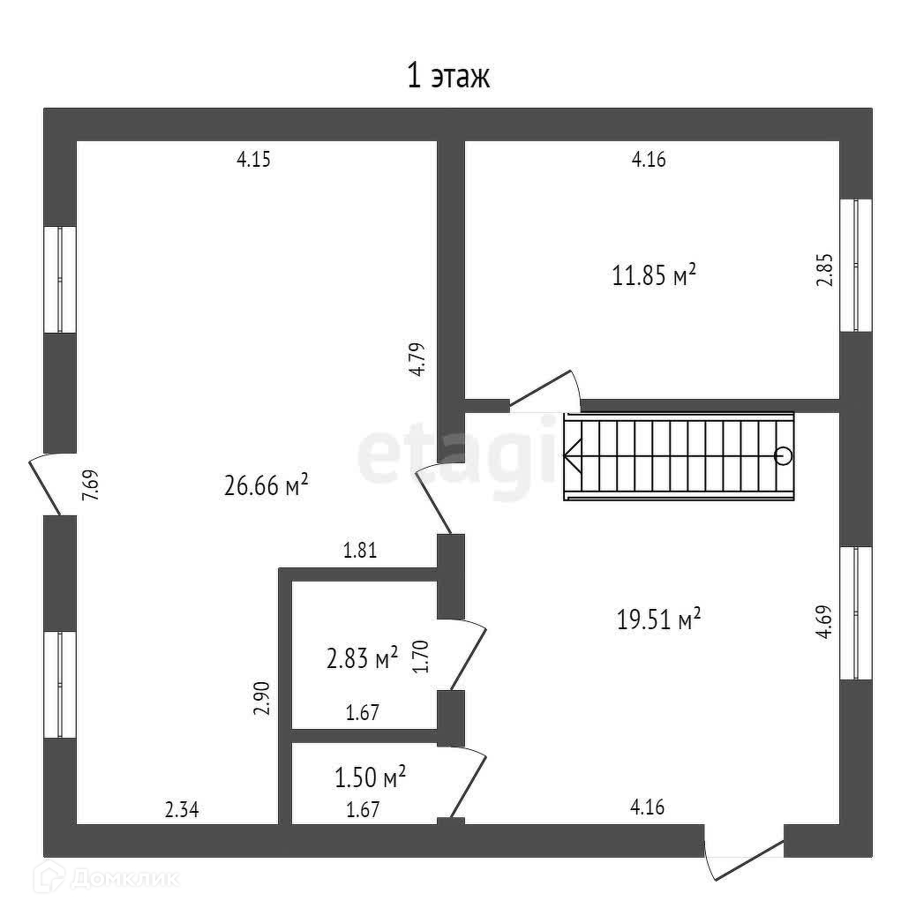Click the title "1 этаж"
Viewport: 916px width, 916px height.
pyautogui.click(x=447, y=77)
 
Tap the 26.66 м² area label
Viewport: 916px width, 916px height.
pyautogui.click(x=266, y=484)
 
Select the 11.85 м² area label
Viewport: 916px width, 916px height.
pyautogui.click(x=654, y=276)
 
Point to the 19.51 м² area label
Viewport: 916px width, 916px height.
pyautogui.click(x=658, y=619)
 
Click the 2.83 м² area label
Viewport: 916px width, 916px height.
pyautogui.click(x=362, y=657)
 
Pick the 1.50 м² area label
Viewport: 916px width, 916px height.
pyautogui.click(x=370, y=777)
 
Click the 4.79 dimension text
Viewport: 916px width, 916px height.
pyautogui.click(x=417, y=359)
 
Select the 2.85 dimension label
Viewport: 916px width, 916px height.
pyautogui.click(x=823, y=270)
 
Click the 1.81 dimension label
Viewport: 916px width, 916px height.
pyautogui.click(x=360, y=552)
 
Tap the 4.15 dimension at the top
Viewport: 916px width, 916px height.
pyautogui.click(x=252, y=160)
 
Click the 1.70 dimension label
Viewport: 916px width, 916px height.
pyautogui.click(x=421, y=657)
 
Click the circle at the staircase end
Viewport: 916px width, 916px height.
pyautogui.click(x=783, y=456)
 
